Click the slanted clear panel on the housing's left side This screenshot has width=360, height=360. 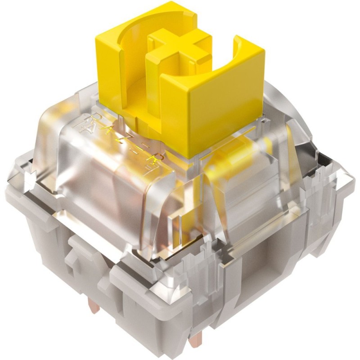tap(49, 148)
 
